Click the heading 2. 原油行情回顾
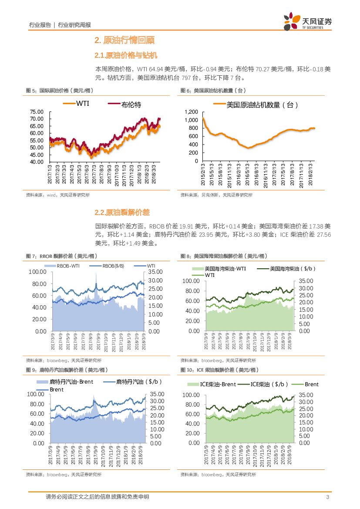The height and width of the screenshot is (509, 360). tap(124, 40)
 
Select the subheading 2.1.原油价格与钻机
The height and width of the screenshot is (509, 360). tap(125, 56)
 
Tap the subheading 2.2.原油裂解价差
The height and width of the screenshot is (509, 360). tap(122, 212)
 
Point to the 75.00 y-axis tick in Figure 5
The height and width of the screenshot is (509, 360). tap(37, 112)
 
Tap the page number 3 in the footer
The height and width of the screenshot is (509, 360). tap(326, 497)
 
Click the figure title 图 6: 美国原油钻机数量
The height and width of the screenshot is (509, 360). tap(213, 91)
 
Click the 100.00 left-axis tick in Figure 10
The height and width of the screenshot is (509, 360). tap(191, 395)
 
